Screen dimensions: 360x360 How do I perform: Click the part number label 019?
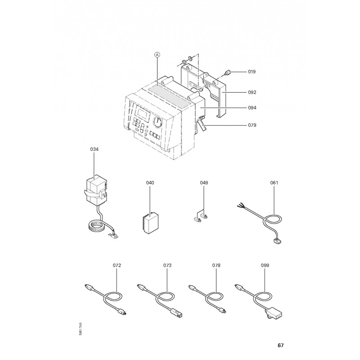[x=252, y=72]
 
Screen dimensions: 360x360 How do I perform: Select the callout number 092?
[x=252, y=92]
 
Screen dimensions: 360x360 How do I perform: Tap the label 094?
[x=252, y=108]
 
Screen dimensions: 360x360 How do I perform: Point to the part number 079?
[x=252, y=125]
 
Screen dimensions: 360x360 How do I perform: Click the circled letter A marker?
[x=157, y=54]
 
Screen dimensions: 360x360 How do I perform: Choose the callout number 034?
[x=94, y=149]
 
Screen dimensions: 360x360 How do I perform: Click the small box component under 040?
[x=150, y=223]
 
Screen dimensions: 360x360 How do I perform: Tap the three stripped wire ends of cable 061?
[x=240, y=205]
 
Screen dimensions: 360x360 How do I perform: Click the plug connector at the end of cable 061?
[x=277, y=241]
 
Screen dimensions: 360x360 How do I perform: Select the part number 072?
[x=117, y=265]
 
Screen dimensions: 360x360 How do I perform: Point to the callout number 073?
[x=167, y=265]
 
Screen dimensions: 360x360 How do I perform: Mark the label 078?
[x=216, y=265]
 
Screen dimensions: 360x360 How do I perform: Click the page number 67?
[x=280, y=345]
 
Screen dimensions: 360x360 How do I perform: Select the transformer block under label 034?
[x=96, y=190]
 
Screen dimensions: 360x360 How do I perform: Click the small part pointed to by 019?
[x=227, y=73]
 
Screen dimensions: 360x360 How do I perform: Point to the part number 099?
[x=265, y=265]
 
